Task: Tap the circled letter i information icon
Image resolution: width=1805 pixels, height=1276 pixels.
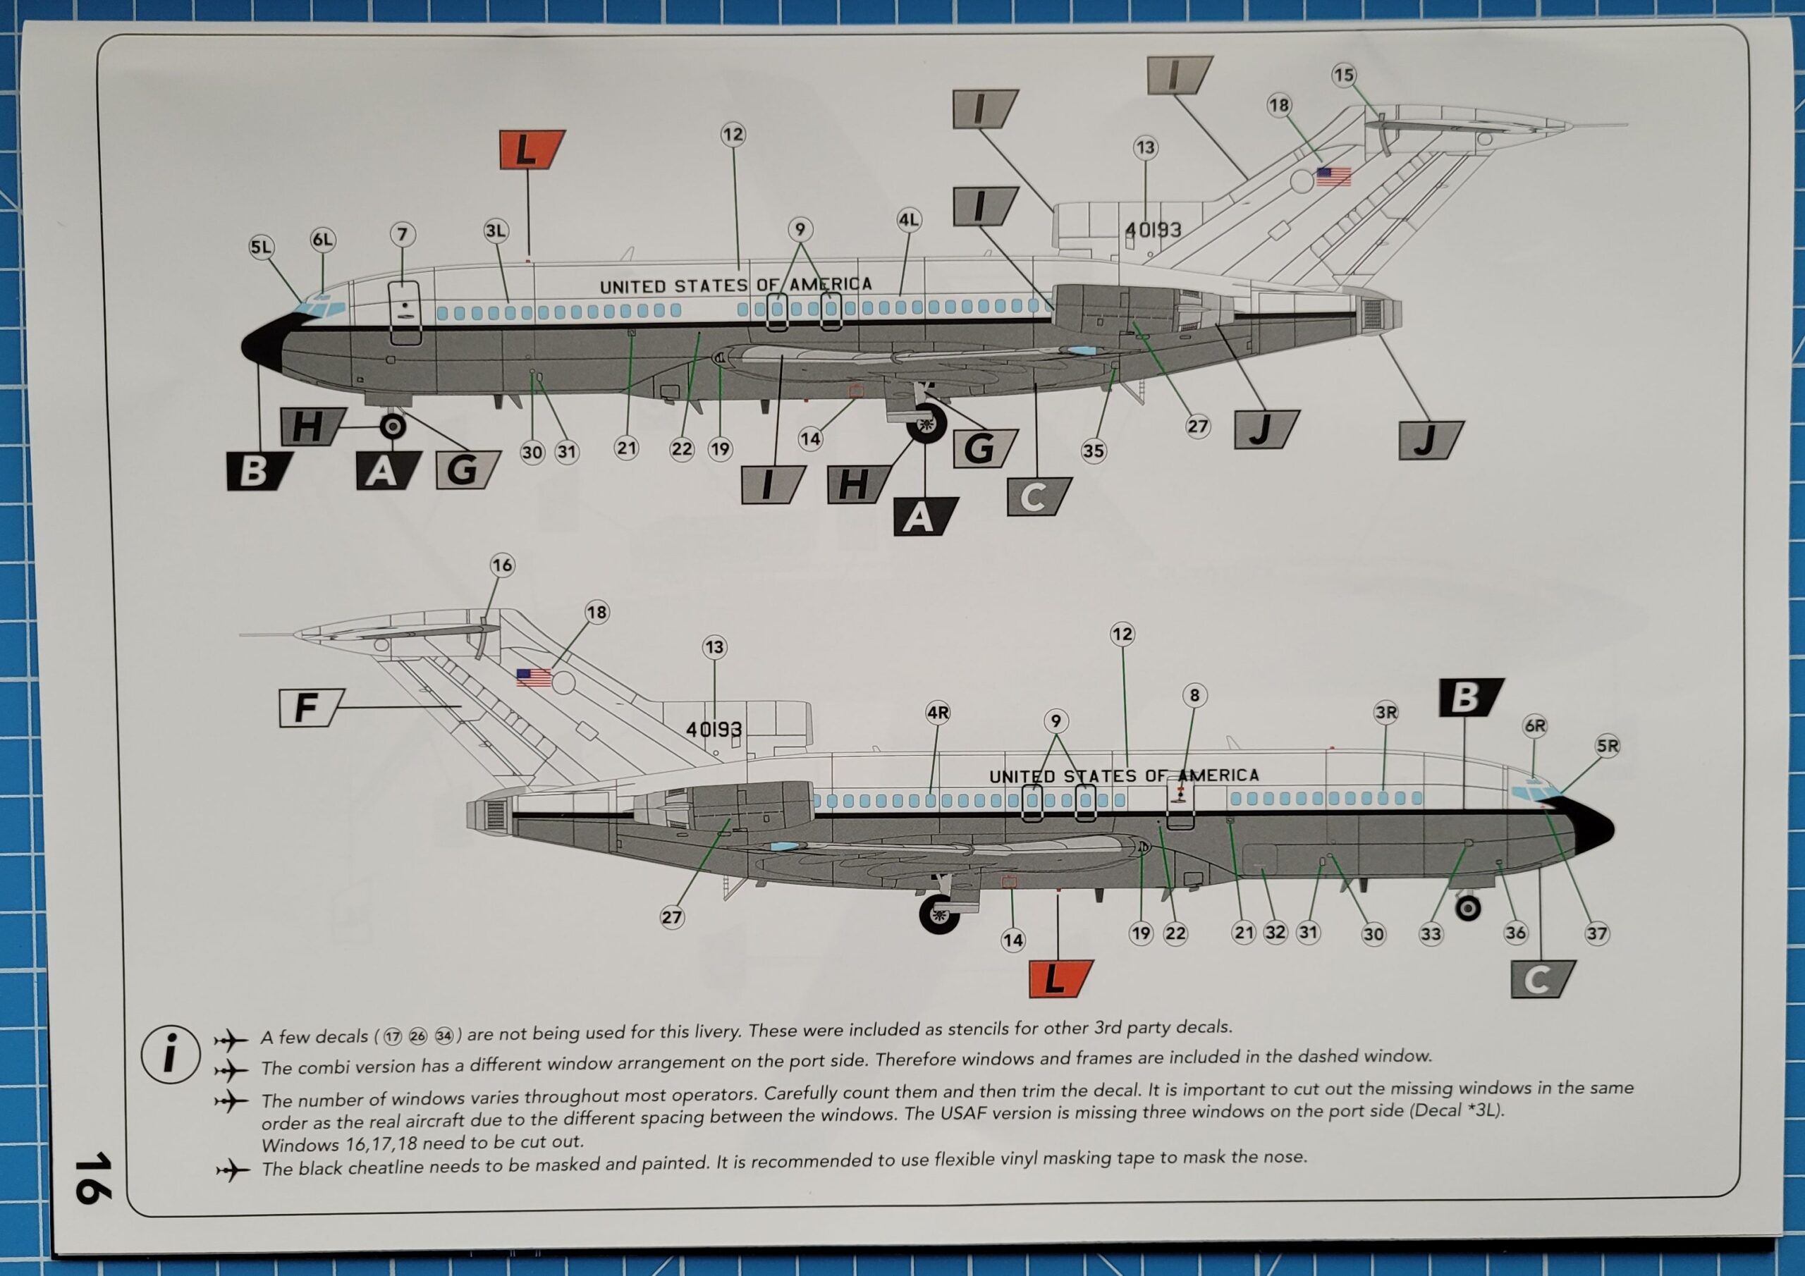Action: pyautogui.click(x=170, y=1055)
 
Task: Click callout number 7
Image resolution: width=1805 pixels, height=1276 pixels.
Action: pyautogui.click(x=403, y=234)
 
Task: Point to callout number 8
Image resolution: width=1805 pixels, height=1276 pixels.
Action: pyautogui.click(x=1194, y=695)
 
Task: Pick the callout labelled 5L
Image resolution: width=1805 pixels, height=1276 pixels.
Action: pyautogui.click(x=260, y=247)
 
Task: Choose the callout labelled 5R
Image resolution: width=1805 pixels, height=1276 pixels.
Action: pyautogui.click(x=1608, y=746)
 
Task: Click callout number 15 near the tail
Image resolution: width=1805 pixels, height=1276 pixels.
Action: pyautogui.click(x=1344, y=75)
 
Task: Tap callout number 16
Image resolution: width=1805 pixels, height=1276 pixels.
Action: pyautogui.click(x=502, y=565)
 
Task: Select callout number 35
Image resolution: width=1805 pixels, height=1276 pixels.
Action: pyautogui.click(x=1094, y=451)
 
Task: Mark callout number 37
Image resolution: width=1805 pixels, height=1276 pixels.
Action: pyautogui.click(x=1597, y=934)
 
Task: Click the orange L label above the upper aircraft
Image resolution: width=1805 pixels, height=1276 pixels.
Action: pyautogui.click(x=530, y=149)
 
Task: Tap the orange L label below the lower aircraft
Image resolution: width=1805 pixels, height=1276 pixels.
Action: pyautogui.click(x=1058, y=979)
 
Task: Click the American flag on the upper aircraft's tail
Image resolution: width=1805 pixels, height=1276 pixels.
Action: pyautogui.click(x=1333, y=176)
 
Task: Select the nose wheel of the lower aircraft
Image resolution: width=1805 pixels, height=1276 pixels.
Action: pyautogui.click(x=1468, y=908)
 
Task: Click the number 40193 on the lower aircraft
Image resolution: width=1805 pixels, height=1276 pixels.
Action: pyautogui.click(x=713, y=730)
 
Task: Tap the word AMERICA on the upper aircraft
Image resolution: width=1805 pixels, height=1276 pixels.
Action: pyautogui.click(x=831, y=285)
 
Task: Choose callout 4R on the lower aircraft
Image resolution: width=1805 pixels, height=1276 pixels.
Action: pyautogui.click(x=938, y=713)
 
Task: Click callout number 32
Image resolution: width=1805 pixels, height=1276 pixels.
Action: pyautogui.click(x=1275, y=933)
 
